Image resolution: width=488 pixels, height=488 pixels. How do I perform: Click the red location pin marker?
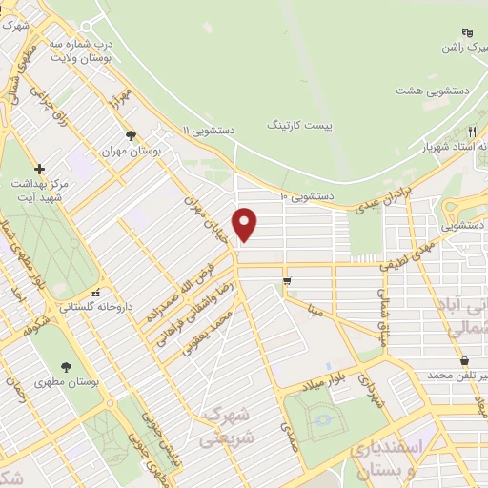tap(246, 224)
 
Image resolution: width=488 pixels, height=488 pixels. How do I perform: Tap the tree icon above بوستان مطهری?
tap(65, 366)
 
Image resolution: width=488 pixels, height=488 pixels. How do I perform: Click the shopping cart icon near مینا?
tap(287, 279)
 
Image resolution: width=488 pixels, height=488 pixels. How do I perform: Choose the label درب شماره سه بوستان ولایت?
tap(108, 51)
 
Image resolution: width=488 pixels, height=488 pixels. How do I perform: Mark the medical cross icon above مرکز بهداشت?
tap(38, 168)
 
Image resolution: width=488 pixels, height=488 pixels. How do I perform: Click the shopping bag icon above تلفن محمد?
tap(464, 361)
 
